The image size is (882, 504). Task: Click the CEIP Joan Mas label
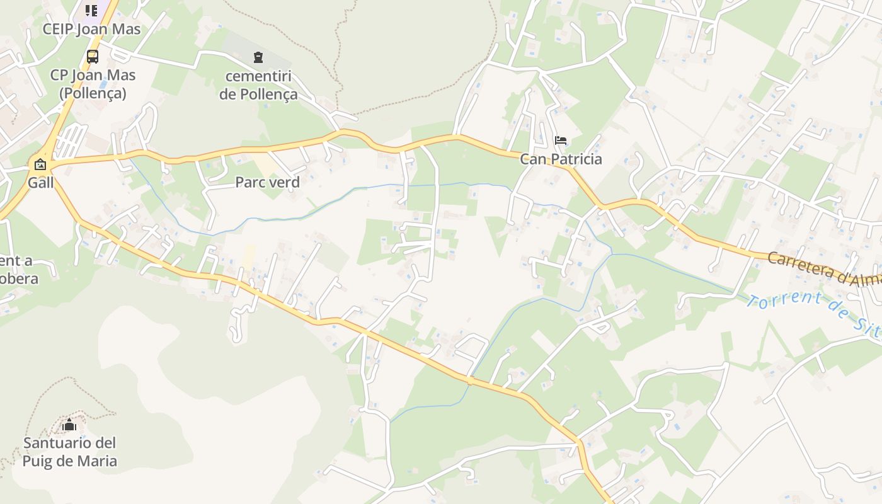[92, 29]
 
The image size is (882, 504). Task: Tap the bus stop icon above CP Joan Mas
[93, 57]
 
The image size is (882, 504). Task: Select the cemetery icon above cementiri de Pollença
[258, 57]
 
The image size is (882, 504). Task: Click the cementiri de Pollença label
[258, 86]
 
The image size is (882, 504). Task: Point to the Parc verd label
[267, 182]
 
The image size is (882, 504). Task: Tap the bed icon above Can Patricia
[561, 140]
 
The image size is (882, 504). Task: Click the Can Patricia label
[561, 159]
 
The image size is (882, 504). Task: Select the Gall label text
[40, 183]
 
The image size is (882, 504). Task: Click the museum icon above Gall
[40, 165]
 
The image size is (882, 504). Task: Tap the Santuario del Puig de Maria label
[70, 452]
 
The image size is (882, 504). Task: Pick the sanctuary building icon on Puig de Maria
[69, 425]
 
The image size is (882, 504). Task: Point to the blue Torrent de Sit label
[813, 313]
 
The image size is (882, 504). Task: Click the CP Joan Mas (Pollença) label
[93, 84]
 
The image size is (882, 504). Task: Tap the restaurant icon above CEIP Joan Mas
[92, 10]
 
